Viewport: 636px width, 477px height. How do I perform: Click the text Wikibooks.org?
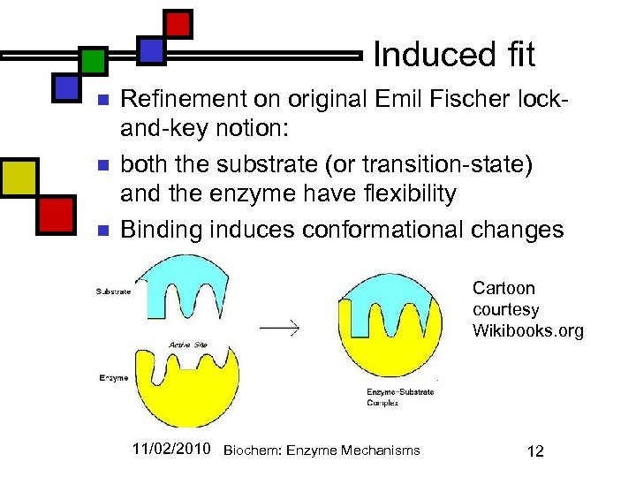tap(528, 331)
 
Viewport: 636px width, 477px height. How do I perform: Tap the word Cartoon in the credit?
tap(504, 288)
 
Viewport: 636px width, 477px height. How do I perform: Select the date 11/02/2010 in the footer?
tap(171, 450)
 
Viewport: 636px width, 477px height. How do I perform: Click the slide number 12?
tap(534, 451)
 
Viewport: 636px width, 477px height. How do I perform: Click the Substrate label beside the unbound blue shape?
tap(114, 291)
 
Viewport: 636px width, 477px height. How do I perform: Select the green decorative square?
tap(92, 61)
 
